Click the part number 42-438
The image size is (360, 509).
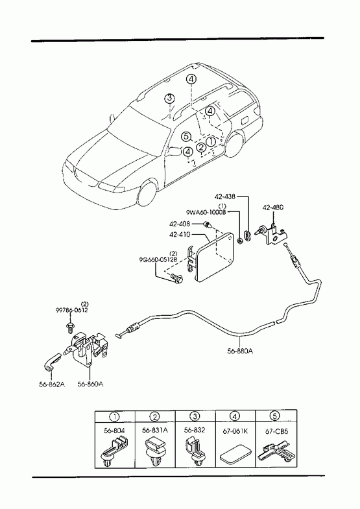pos(225,196)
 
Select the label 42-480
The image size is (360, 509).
pos(272,207)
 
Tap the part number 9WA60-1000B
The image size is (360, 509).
pos(206,212)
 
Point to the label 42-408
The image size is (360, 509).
pos(180,224)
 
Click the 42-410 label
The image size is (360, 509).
pos(180,234)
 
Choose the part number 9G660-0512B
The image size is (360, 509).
pos(158,260)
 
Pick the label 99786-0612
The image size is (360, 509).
pos(71,310)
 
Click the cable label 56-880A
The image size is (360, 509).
pos(240,351)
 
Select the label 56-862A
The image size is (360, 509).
pos(52,384)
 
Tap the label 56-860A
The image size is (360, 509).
pos(91,384)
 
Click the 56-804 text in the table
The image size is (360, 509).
pos(114,431)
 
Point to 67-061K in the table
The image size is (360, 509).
pos(235,431)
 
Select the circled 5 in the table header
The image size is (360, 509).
pos(274,416)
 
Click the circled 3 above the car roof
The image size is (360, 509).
pos(169,98)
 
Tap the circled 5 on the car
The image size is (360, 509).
pos(186,137)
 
